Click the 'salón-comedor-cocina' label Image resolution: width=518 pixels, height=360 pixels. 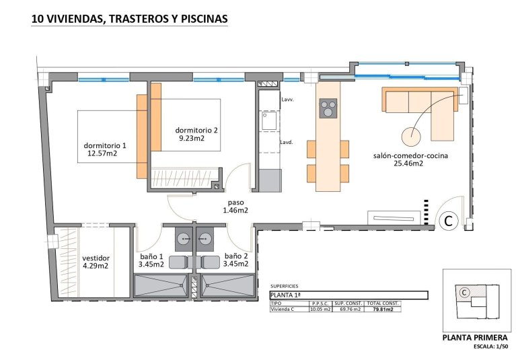[x=410, y=155]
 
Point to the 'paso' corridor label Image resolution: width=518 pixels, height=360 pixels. [x=235, y=202]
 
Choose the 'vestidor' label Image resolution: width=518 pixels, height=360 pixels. [x=96, y=257]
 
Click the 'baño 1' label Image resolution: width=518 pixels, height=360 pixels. [x=151, y=256]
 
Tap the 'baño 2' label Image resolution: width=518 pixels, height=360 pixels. [x=236, y=256]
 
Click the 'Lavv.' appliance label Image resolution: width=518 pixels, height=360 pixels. [x=287, y=100]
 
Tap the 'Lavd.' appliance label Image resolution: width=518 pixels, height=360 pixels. [x=287, y=142]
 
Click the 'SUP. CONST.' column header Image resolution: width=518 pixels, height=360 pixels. [x=348, y=303]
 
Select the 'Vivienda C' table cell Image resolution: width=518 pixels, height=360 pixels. [x=285, y=310]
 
